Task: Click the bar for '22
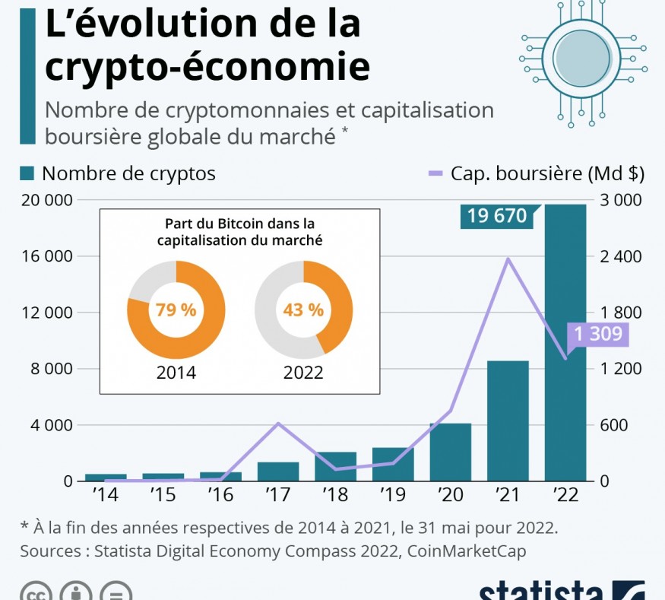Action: coord(565,342)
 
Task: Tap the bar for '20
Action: coord(450,452)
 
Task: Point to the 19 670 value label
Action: coord(497,216)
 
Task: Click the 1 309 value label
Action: coord(598,334)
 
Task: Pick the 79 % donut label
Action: coord(176,310)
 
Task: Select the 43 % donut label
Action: coord(303,310)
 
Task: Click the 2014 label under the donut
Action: coord(176,373)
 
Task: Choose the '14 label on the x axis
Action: coord(105,495)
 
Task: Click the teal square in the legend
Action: coord(27,173)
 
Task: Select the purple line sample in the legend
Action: coord(435,173)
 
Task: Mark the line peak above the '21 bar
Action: coord(508,259)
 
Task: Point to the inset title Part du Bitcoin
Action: coord(239,224)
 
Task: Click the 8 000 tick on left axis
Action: coord(47,369)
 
